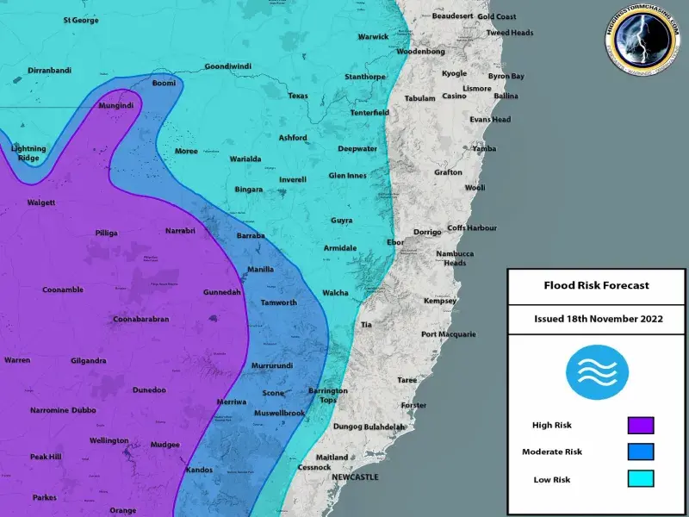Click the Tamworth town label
(278, 302)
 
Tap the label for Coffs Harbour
(472, 227)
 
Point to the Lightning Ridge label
(28, 153)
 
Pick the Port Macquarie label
(448, 333)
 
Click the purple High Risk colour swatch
(641, 425)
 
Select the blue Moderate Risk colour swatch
(641, 452)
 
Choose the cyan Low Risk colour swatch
(641, 478)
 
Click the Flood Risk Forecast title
(596, 285)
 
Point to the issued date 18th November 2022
(598, 318)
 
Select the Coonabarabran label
(140, 319)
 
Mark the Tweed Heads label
(510, 33)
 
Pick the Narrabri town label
(180, 231)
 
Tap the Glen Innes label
(347, 175)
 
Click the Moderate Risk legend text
(552, 452)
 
